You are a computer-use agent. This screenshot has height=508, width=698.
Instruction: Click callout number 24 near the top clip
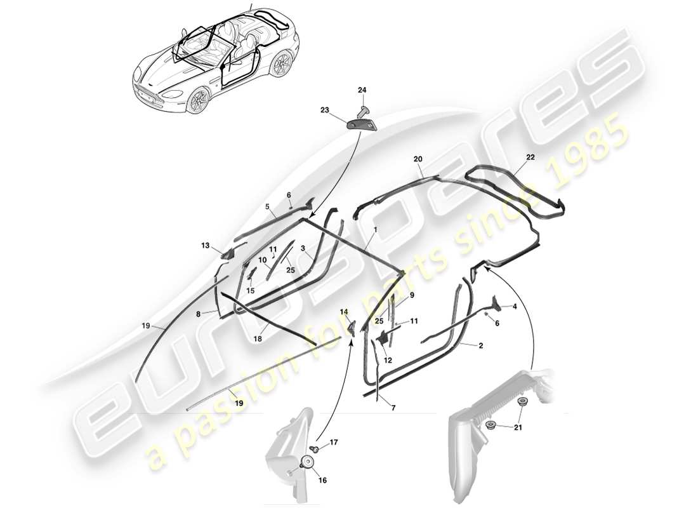[x=362, y=91]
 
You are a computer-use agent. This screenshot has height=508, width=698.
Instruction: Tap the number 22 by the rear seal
[x=530, y=157]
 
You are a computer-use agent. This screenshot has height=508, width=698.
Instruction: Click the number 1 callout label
[x=375, y=229]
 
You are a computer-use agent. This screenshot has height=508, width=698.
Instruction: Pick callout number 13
[x=205, y=245]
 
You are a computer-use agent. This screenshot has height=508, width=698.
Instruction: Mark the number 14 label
[x=344, y=312]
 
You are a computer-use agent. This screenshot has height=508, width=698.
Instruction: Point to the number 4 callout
[x=514, y=307]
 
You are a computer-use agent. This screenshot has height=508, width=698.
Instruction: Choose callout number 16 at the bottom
[x=322, y=481]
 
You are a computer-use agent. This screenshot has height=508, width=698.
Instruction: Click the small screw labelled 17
[x=315, y=449]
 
